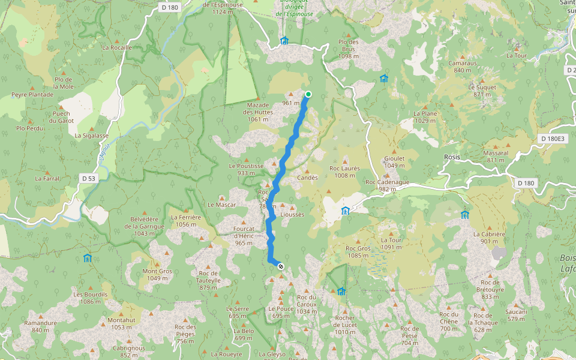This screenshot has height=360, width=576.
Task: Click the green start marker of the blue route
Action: pyautogui.click(x=308, y=94)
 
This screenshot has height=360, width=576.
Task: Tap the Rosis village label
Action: pyautogui.click(x=452, y=157)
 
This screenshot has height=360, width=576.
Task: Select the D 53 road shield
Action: pyautogui.click(x=88, y=178)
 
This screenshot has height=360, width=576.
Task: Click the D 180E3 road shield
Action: pyautogui.click(x=553, y=139)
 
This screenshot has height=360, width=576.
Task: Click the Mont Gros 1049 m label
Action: pyautogui.click(x=157, y=274)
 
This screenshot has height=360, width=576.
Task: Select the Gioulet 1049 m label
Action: pyautogui.click(x=394, y=161)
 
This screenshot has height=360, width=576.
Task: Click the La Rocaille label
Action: pyautogui.click(x=116, y=47)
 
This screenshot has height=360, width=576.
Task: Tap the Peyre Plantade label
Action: pyautogui.click(x=32, y=95)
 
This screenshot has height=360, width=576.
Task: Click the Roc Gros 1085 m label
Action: pyautogui.click(x=358, y=251)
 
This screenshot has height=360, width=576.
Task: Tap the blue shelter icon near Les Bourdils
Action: pyautogui.click(x=88, y=259)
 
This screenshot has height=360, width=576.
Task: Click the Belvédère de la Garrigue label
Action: pyautogui.click(x=144, y=223)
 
